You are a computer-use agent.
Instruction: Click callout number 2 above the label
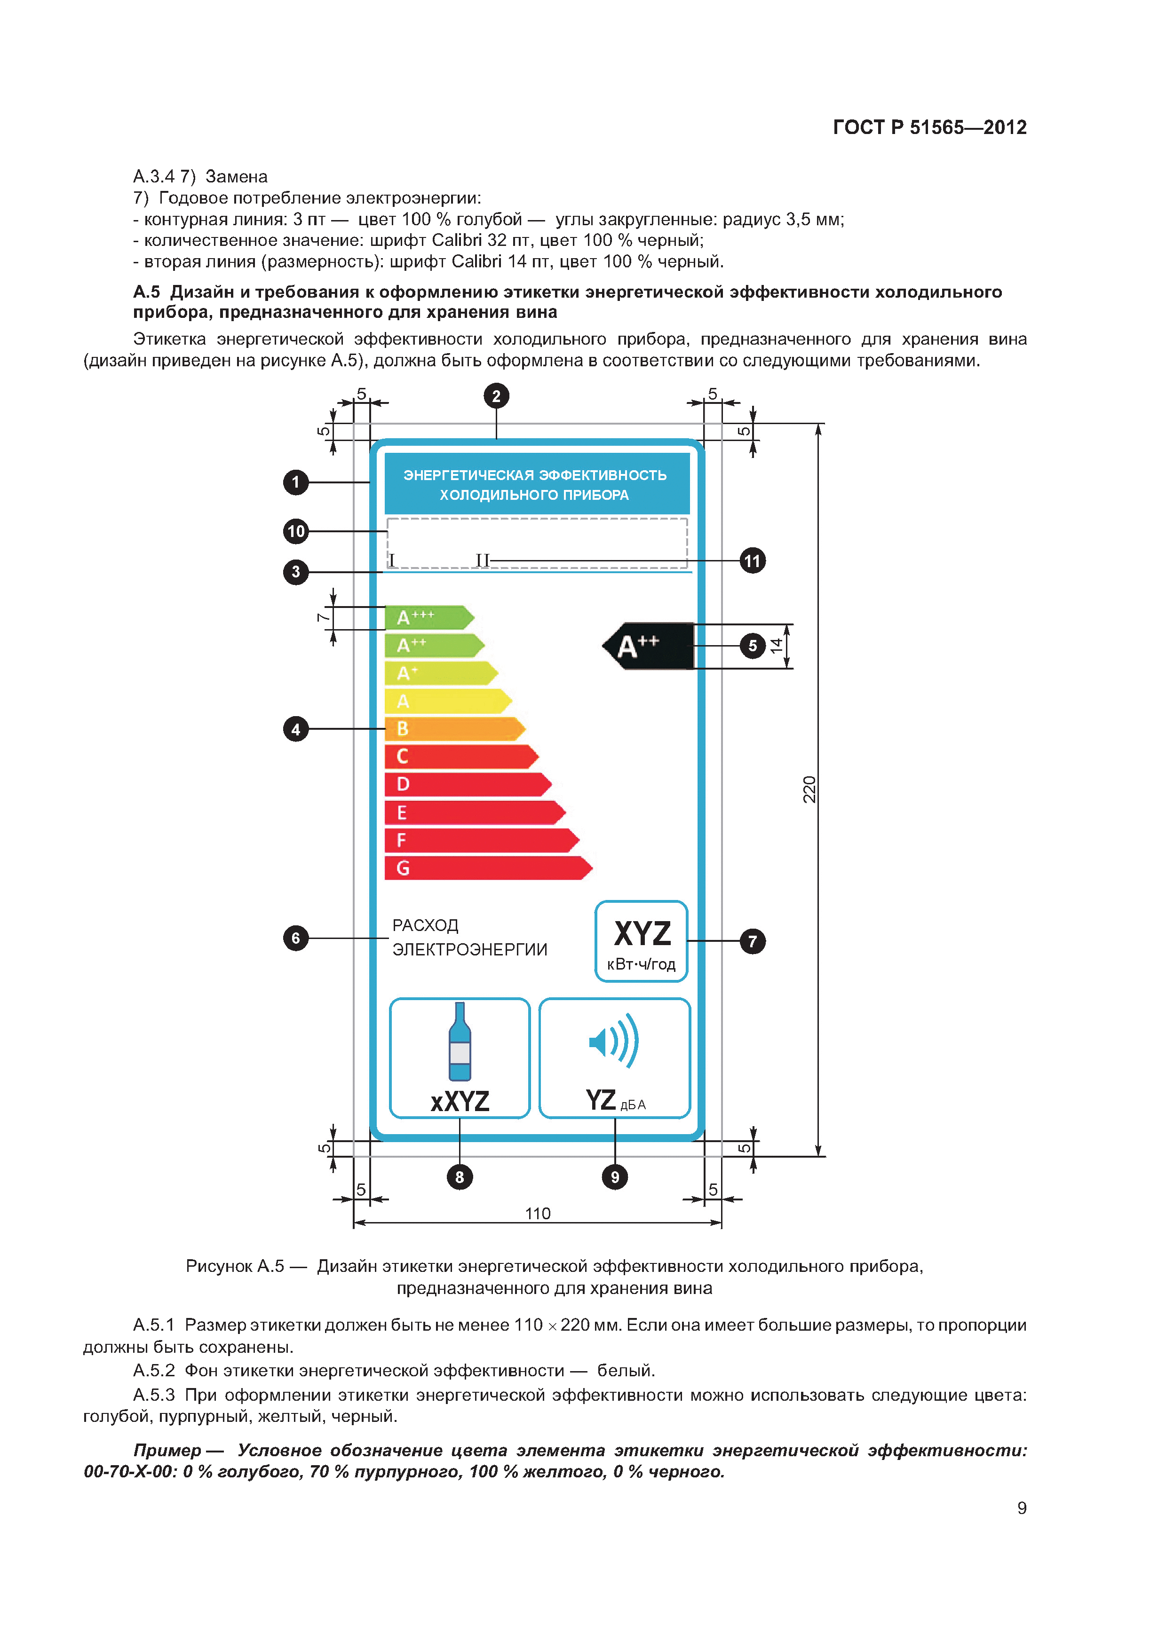click(496, 396)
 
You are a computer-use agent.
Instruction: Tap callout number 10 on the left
click(296, 531)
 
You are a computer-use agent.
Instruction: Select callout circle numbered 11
click(752, 561)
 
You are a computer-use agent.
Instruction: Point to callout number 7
click(752, 941)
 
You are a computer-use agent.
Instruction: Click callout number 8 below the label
click(460, 1177)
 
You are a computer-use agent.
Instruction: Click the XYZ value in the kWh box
click(642, 934)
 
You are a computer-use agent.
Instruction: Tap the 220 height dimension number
click(809, 789)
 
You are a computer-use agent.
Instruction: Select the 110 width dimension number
click(538, 1214)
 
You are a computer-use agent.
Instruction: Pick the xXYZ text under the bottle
click(460, 1101)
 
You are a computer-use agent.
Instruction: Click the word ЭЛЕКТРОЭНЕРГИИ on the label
click(470, 949)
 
